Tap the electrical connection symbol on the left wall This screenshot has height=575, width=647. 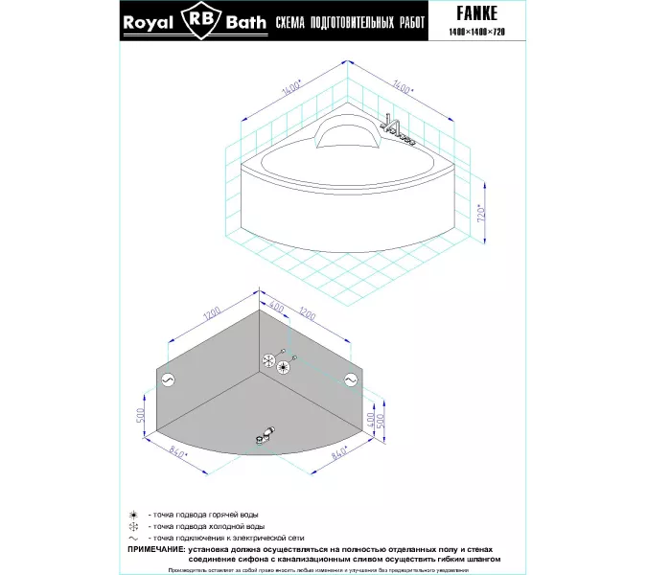(x=167, y=379)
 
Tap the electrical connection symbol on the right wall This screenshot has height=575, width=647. (x=349, y=380)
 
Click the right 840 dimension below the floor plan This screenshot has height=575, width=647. (x=336, y=457)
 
